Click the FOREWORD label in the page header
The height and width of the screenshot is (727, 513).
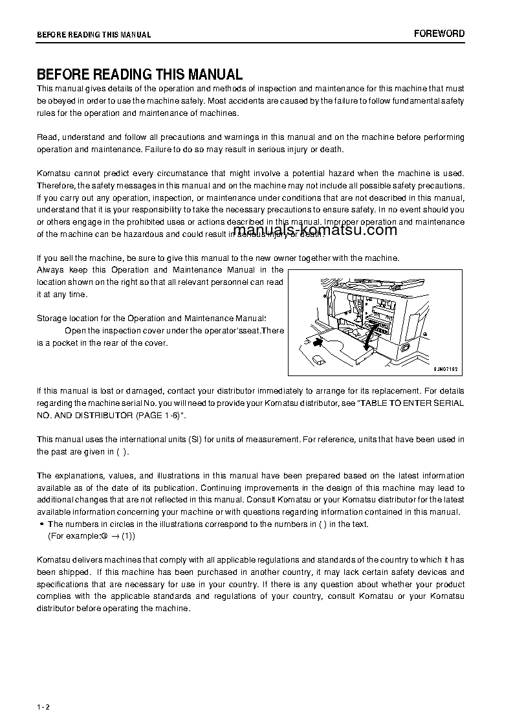[x=439, y=34]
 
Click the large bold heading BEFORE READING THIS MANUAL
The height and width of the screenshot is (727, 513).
[x=139, y=74]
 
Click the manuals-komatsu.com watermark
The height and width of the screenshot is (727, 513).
[x=314, y=230]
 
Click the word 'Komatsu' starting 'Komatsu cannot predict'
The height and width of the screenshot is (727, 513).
[x=54, y=173]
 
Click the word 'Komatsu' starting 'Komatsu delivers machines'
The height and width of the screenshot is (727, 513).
[x=54, y=560]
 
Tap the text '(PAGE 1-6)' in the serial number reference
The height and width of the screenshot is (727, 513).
[x=162, y=415]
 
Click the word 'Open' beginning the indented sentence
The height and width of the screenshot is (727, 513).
[x=75, y=331]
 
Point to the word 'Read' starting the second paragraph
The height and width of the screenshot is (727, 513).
[x=47, y=137]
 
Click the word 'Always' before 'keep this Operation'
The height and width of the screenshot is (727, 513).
[x=50, y=270]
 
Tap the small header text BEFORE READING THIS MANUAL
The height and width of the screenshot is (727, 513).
[x=94, y=35]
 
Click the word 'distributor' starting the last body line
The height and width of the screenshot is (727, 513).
[x=55, y=609]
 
